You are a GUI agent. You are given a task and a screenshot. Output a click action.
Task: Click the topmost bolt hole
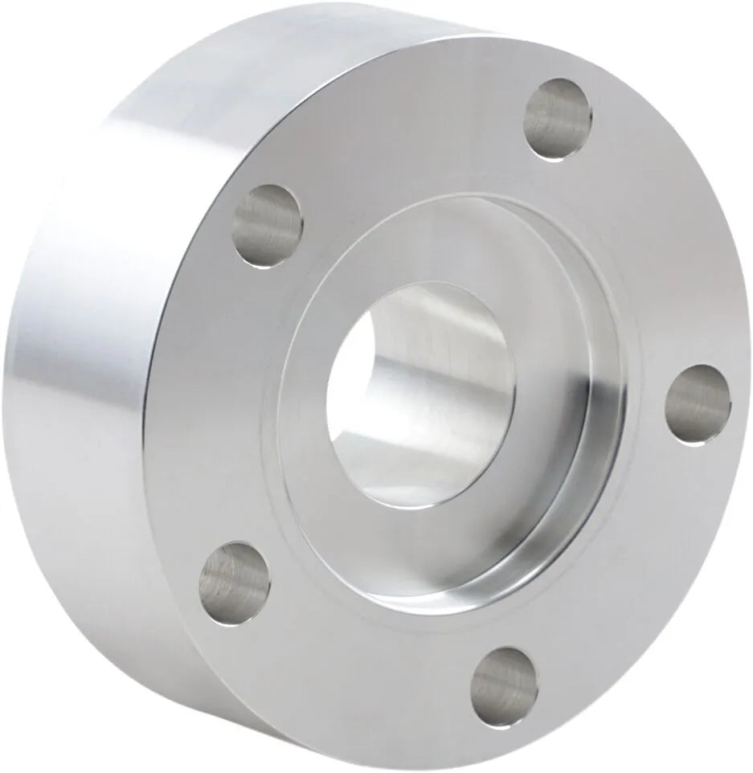558,119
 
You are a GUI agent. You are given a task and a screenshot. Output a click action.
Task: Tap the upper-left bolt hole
268,226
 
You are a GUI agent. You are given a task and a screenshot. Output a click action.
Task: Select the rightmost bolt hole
698,404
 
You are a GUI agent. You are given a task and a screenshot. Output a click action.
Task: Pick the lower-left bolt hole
235,583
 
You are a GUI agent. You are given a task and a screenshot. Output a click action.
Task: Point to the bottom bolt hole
504,688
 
